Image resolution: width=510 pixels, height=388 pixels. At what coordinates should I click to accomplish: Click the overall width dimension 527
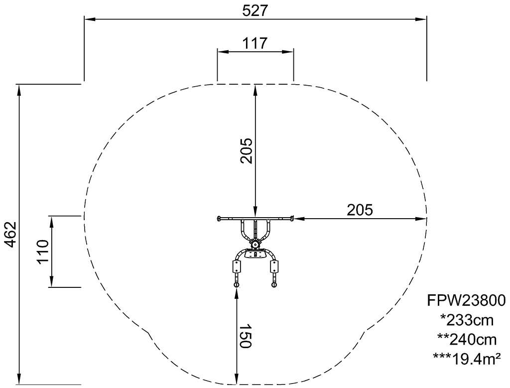255,11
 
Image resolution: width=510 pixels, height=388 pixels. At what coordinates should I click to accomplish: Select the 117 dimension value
255,43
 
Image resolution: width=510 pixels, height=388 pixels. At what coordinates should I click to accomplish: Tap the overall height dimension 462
11,235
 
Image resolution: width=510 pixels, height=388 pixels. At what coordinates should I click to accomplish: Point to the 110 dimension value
43,252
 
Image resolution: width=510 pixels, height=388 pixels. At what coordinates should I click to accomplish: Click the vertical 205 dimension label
246,150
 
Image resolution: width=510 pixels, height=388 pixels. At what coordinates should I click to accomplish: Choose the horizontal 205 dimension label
360,210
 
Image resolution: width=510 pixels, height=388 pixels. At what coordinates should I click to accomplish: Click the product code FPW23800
466,300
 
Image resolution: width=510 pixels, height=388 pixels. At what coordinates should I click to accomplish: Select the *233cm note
467,320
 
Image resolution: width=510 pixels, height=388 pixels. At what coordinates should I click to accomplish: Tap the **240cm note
467,340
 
